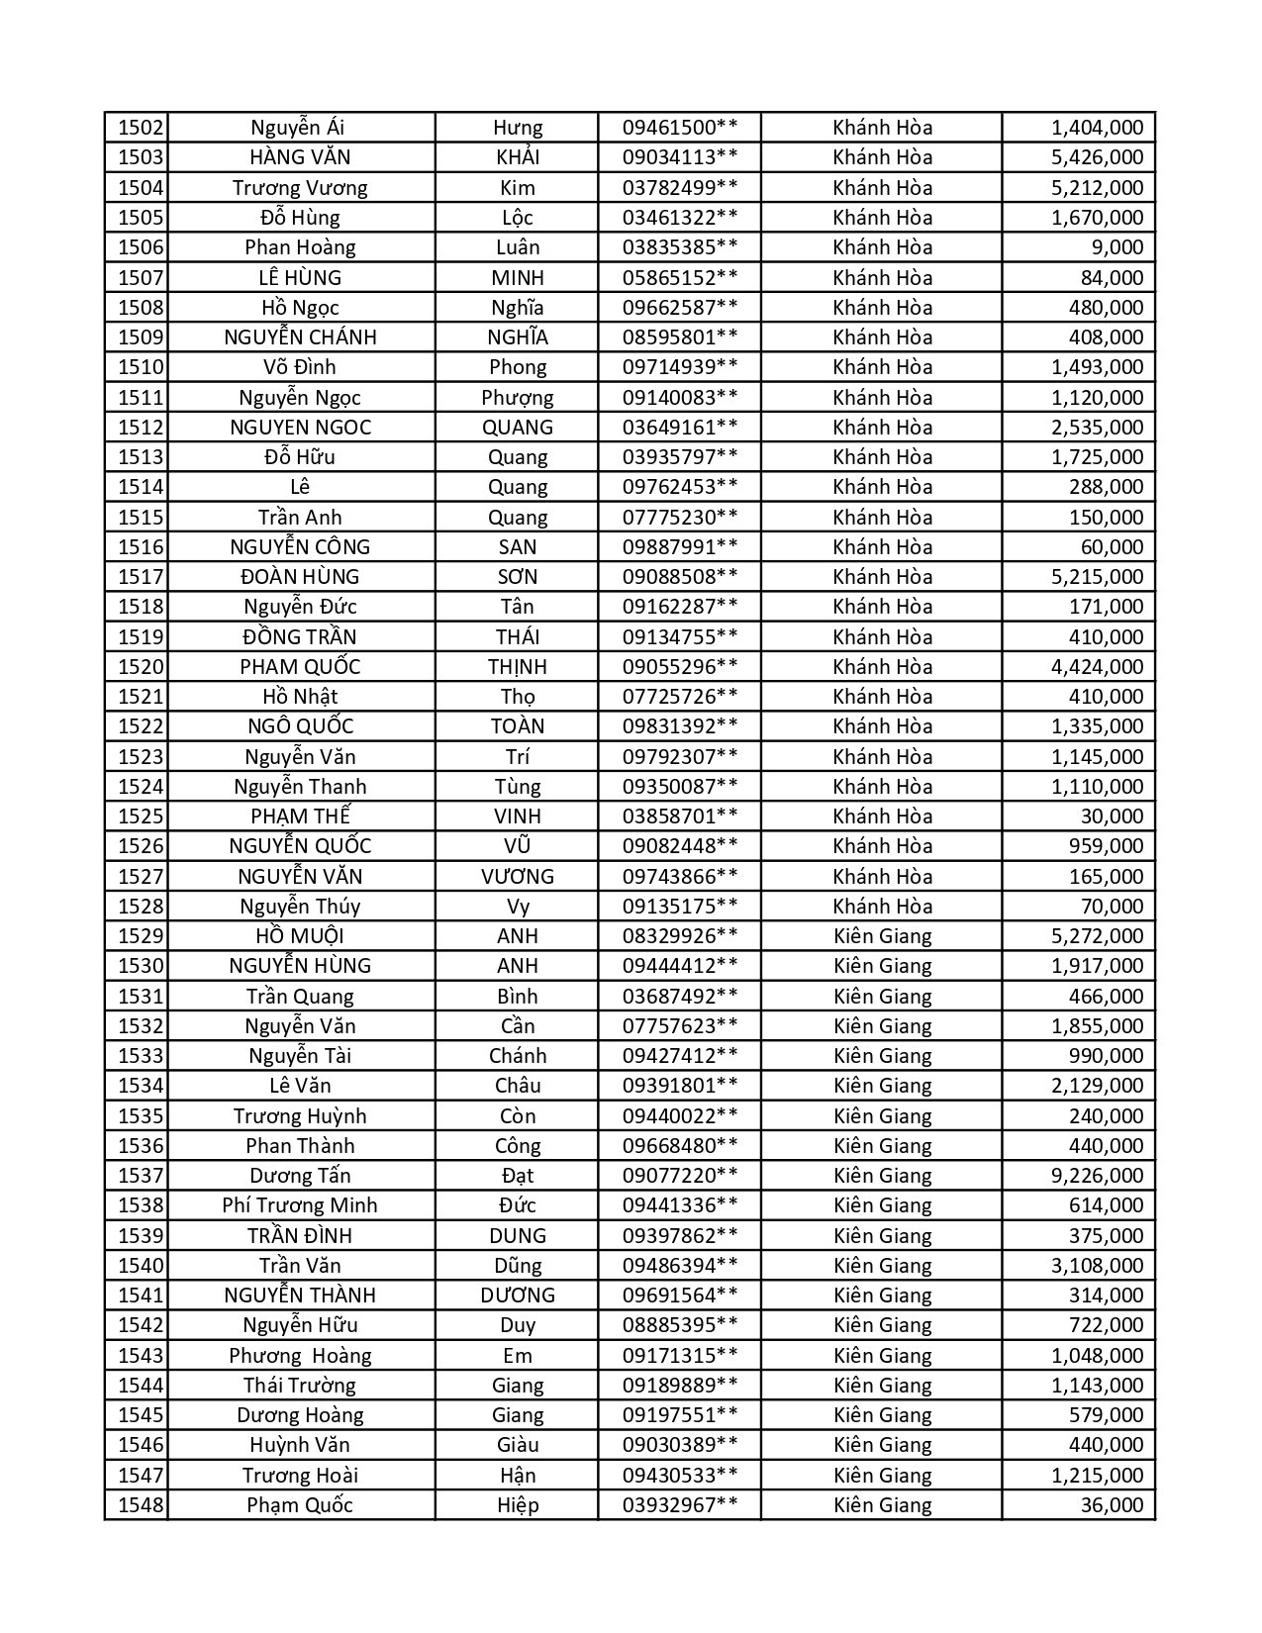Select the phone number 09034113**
pyautogui.click(x=679, y=157)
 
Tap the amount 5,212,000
pyautogui.click(x=1097, y=188)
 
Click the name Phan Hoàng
pyautogui.click(x=300, y=247)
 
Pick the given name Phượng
pyautogui.click(x=517, y=398)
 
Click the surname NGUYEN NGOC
pyautogui.click(x=300, y=428)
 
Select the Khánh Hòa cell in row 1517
pyautogui.click(x=882, y=577)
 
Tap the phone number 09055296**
pyautogui.click(x=679, y=667)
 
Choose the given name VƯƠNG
pyautogui.click(x=517, y=877)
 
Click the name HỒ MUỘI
pyautogui.click(x=300, y=936)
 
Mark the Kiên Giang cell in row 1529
pyautogui.click(x=882, y=936)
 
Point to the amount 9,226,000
pyautogui.click(x=1097, y=1176)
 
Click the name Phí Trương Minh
pyautogui.click(x=300, y=1205)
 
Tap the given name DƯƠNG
pyautogui.click(x=517, y=1296)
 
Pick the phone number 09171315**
pyautogui.click(x=679, y=1356)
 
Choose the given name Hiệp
pyautogui.click(x=517, y=1505)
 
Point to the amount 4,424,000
pyautogui.click(x=1097, y=667)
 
